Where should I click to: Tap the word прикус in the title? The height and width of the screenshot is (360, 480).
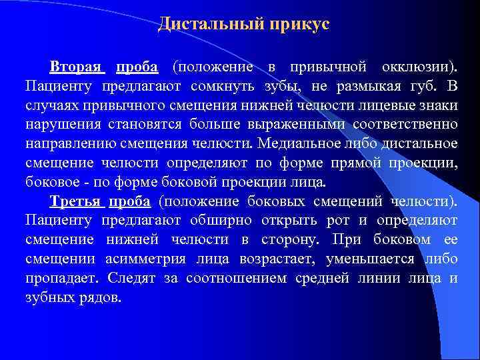coord(295,25)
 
